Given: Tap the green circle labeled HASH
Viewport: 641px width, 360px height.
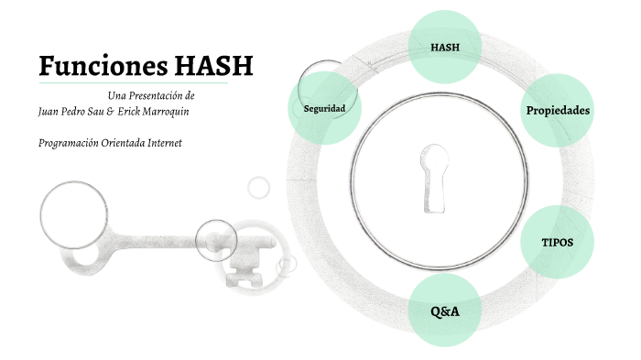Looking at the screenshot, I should [x=444, y=46].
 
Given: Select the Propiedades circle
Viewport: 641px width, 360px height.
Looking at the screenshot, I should [x=557, y=111].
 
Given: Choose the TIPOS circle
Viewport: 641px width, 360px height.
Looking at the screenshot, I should [x=558, y=243].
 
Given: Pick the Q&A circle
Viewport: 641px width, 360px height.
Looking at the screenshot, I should [x=445, y=311].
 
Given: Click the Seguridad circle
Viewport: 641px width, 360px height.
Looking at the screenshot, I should [x=323, y=109].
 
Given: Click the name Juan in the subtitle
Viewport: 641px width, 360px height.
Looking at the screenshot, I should [x=50, y=111].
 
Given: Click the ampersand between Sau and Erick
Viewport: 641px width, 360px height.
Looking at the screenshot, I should [x=110, y=111].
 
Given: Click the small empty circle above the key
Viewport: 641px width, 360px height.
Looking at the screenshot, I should [x=259, y=187].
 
